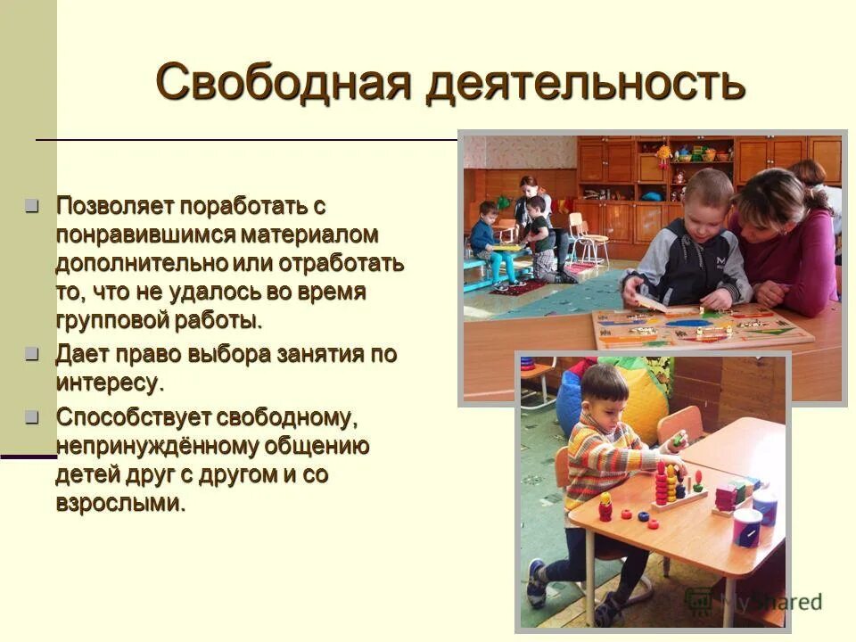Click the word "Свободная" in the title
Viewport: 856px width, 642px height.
[x=283, y=83]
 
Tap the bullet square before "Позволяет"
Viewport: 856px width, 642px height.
[x=33, y=207]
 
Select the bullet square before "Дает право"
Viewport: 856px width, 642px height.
[x=33, y=354]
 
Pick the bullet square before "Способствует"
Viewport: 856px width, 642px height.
[x=33, y=416]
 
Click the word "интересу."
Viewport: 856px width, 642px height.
[x=111, y=384]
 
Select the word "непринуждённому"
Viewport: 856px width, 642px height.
[x=157, y=446]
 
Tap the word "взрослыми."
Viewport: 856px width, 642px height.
[x=121, y=503]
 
